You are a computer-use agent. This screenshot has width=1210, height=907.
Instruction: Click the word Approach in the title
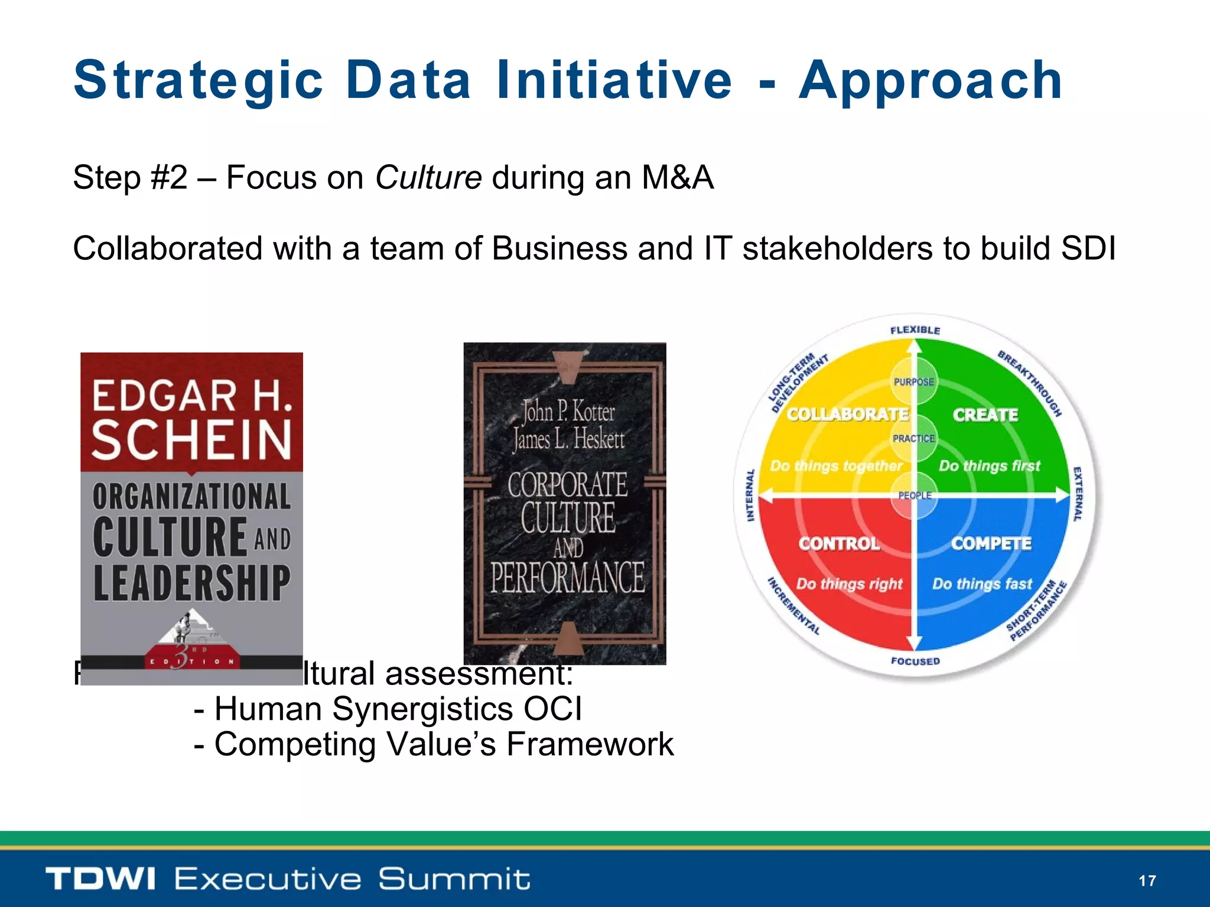(931, 81)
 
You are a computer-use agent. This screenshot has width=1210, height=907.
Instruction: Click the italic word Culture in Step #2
(428, 177)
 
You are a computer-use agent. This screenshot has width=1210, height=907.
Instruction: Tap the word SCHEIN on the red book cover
(191, 440)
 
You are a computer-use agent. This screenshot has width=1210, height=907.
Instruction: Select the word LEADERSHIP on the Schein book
(191, 583)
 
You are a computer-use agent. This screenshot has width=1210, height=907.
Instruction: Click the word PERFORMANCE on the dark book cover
(567, 578)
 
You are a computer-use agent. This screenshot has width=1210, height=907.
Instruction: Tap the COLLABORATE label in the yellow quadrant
(847, 415)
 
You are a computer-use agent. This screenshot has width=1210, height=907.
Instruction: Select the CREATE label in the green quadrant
(985, 415)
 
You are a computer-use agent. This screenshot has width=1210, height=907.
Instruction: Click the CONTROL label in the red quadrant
(839, 543)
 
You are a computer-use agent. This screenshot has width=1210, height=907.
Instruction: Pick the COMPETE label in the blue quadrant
(991, 543)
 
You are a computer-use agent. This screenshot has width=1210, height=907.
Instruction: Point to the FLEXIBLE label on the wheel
(915, 330)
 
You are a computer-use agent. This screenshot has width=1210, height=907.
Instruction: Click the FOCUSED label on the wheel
(915, 661)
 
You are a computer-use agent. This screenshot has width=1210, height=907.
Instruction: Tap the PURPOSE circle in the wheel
(913, 382)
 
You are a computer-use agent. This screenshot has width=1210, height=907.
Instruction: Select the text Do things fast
(982, 584)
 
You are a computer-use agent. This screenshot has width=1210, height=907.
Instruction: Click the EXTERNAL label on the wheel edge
(1077, 494)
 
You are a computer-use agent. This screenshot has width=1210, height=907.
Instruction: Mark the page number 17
(1147, 881)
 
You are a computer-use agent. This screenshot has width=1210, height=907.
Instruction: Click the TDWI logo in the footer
(100, 879)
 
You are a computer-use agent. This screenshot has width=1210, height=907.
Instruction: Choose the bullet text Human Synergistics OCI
(398, 709)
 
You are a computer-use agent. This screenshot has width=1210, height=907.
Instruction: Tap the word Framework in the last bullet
(590, 744)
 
